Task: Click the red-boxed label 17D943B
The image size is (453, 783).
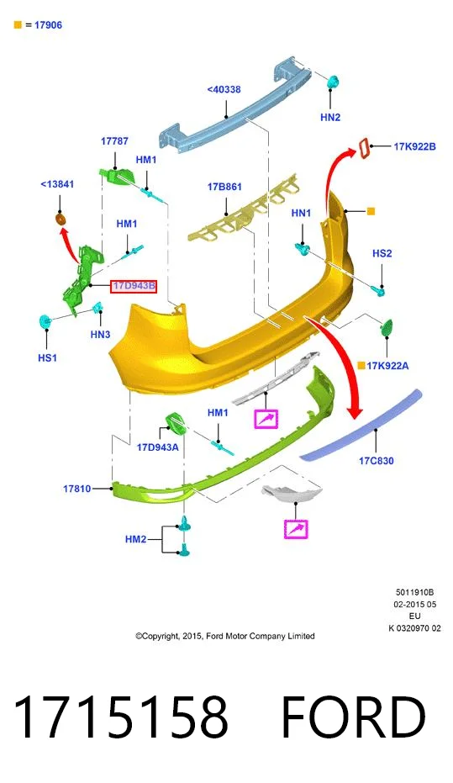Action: coord(134,286)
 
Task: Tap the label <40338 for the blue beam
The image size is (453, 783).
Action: coord(224,89)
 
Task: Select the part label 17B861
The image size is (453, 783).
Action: coord(224,187)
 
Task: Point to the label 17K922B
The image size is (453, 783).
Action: coord(414,146)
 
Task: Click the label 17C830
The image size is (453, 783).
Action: coord(377,460)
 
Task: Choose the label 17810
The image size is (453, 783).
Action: coord(76,489)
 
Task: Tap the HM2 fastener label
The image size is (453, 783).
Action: coord(135,539)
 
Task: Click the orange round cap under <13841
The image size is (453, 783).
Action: coord(60,219)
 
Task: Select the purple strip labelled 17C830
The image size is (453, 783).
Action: coord(361,425)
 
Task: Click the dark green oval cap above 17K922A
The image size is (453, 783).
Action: coord(387,328)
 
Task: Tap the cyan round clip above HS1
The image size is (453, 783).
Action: coord(45,321)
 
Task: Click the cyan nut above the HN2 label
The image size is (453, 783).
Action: coord(333,82)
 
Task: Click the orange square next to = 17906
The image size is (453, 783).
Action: coord(18,24)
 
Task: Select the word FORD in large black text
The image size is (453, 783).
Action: coord(353,717)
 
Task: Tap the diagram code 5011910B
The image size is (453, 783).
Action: coord(414,592)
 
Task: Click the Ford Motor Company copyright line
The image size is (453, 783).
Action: coord(225,636)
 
